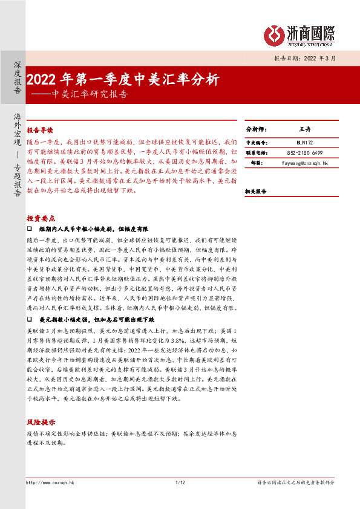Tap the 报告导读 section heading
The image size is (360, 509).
[x=40, y=130]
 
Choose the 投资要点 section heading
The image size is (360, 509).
[x=40, y=218]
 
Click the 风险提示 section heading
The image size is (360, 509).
[x=40, y=422]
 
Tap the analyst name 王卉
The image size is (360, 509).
[x=304, y=130]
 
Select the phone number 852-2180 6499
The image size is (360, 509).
[x=304, y=153]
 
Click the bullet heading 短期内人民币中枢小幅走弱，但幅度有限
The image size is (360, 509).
[x=93, y=230]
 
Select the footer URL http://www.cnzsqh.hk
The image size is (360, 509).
[x=50, y=482]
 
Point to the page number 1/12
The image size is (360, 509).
[x=180, y=482]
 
